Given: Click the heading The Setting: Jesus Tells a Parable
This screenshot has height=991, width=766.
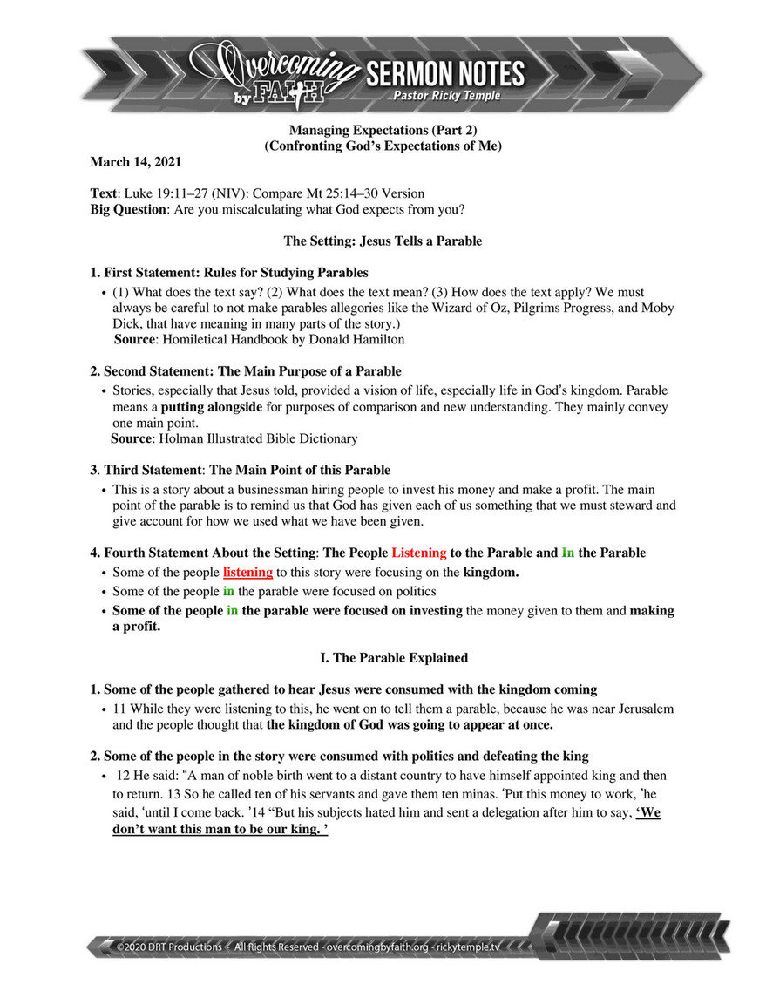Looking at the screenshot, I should coord(383,240).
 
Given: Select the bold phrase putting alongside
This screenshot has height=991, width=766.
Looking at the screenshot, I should coord(210,405).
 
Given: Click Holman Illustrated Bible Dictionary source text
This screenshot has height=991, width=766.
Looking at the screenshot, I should coord(257,438).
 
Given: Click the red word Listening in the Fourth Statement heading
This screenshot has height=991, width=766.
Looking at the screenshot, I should coord(419,553).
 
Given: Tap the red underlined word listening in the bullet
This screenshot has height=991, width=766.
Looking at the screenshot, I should coord(248,572).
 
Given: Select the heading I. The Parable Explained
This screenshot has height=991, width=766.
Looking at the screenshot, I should coord(383,657).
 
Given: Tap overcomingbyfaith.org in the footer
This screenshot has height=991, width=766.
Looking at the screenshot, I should coord(376,945).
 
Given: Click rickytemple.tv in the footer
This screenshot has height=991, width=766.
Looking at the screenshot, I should coord(468,945).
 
